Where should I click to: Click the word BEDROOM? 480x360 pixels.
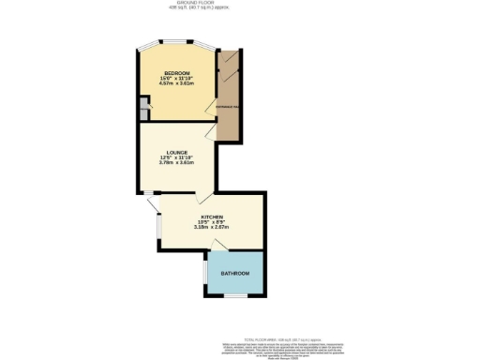(x=177, y=72)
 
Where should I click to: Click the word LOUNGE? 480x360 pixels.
(x=177, y=153)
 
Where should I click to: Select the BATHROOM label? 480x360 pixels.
(x=235, y=273)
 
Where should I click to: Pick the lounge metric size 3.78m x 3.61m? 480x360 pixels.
(x=177, y=164)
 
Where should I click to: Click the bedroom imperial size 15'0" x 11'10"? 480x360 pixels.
(x=177, y=78)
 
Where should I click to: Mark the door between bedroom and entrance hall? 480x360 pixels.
(x=211, y=113)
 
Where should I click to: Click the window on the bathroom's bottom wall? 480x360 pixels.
(x=234, y=295)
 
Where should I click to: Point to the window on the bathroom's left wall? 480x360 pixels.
(x=206, y=274)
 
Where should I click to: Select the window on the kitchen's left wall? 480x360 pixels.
(x=157, y=225)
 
